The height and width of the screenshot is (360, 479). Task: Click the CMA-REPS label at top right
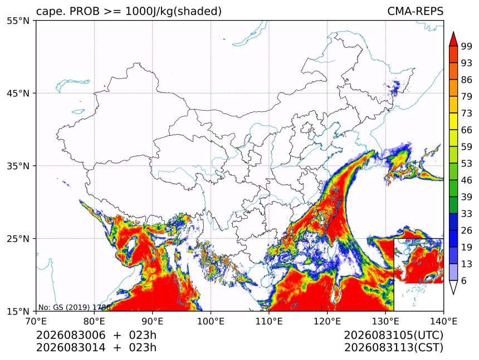coord(415,11)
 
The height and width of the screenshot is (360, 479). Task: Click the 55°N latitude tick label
coord(18,21)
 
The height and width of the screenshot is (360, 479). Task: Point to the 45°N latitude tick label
coord(18,93)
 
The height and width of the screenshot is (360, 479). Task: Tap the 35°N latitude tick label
coord(18,166)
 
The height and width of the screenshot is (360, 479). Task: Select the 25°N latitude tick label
coord(18,239)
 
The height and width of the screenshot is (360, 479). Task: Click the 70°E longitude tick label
coord(36,322)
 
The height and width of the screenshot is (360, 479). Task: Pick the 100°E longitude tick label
coord(211,322)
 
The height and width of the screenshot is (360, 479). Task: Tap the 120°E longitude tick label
coord(327,322)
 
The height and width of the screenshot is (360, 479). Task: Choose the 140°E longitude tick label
coord(443,322)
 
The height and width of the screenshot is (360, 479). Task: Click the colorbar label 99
coord(467,47)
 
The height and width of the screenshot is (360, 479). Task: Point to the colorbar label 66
coord(467,130)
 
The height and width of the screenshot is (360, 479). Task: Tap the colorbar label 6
coord(464,280)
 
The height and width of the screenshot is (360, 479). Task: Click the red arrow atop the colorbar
coord(453,39)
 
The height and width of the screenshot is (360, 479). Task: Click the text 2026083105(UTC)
coord(393,336)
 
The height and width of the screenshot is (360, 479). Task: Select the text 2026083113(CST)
coord(393,348)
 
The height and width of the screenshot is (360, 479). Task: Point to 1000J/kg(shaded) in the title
coord(173,11)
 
